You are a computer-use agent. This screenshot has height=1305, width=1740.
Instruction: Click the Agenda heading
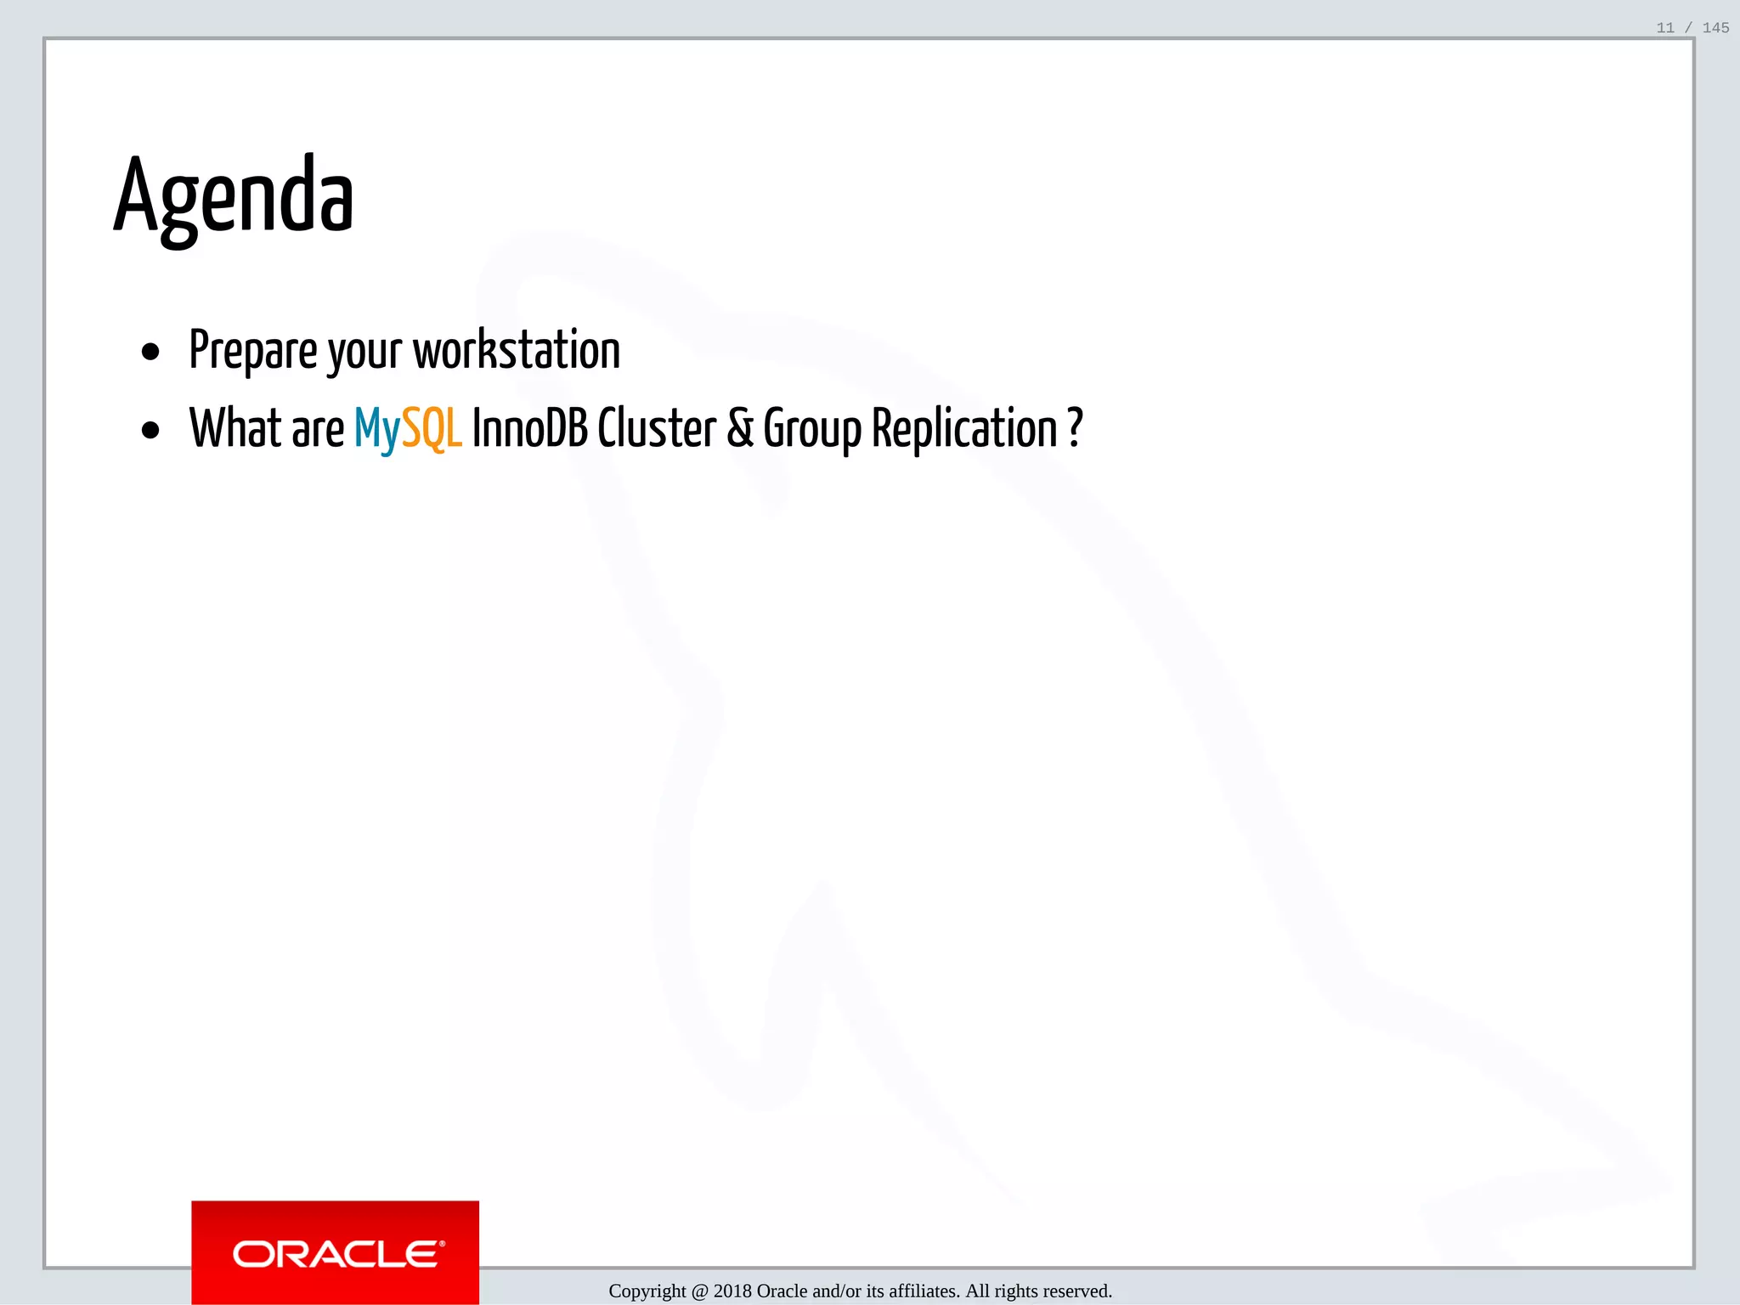coord(234,197)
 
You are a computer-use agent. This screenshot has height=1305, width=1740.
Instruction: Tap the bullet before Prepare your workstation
coord(151,352)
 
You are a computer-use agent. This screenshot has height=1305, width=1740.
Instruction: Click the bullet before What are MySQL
coord(151,430)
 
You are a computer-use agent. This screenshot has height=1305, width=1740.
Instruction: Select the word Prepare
coord(253,350)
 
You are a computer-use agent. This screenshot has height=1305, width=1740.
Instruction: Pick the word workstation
coord(517,350)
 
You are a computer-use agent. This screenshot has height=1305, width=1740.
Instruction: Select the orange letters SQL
coord(432,429)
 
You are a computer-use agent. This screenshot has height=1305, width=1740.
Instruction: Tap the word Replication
coord(964,429)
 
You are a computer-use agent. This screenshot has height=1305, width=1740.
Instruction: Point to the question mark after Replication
coord(1075,427)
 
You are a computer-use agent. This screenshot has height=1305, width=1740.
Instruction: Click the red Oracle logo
coord(336,1252)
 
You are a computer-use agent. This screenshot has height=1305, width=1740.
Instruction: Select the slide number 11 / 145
coord(1692,28)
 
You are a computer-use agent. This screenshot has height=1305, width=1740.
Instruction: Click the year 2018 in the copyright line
coord(732,1291)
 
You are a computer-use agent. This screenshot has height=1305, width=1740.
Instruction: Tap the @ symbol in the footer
coord(700,1291)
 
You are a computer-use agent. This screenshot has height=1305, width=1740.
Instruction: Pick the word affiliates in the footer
coord(924,1291)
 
